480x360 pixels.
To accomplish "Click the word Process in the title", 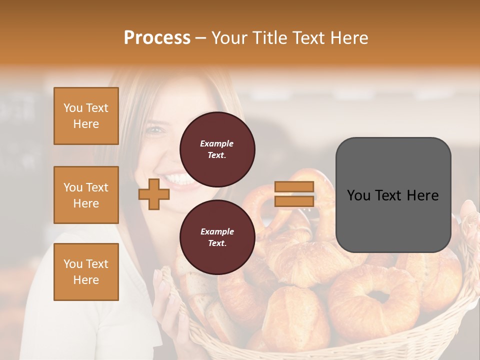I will pos(157,38).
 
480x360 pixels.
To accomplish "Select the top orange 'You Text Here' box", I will pos(86,116).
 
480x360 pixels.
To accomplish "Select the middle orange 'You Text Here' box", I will pos(86,195).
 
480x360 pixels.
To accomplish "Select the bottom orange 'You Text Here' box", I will pos(86,271).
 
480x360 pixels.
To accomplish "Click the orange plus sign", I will pos(153,194).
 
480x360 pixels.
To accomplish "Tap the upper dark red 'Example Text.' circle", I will pos(217,149).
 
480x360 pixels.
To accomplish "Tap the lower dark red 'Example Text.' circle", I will pos(217,237).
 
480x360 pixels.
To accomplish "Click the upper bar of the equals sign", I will pos(294,186).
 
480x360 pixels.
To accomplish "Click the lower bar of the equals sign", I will pos(294,201).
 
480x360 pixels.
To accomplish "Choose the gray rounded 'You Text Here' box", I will pos(393,195).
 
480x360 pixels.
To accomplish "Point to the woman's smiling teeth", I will pos(175,178).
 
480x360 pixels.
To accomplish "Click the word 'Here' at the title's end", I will pos(350,38).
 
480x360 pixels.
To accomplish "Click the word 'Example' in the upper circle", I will pos(217,143).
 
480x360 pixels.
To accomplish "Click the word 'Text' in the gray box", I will pos(393,195).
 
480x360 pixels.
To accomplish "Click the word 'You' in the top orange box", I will pos(72,108).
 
